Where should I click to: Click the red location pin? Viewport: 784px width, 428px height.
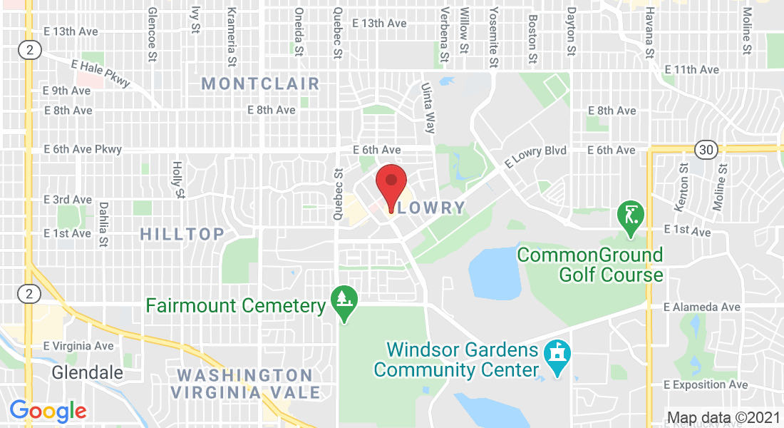tap(391, 182)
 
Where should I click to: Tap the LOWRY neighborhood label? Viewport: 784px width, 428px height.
tap(431, 208)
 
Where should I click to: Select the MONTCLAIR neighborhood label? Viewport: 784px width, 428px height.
tap(260, 83)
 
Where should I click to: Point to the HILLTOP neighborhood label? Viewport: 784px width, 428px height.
tap(182, 233)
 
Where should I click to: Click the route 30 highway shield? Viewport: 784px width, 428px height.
tap(706, 150)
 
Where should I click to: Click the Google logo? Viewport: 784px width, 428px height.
tap(48, 411)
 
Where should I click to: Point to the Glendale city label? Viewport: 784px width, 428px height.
tap(87, 372)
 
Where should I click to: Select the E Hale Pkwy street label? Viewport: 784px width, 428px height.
tap(100, 73)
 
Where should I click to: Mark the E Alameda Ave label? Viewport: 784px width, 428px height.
tap(701, 307)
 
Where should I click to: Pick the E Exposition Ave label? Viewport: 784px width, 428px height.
tap(705, 384)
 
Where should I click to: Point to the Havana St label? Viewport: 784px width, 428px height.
tap(649, 34)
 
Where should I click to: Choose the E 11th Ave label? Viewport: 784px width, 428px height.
tap(691, 70)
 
